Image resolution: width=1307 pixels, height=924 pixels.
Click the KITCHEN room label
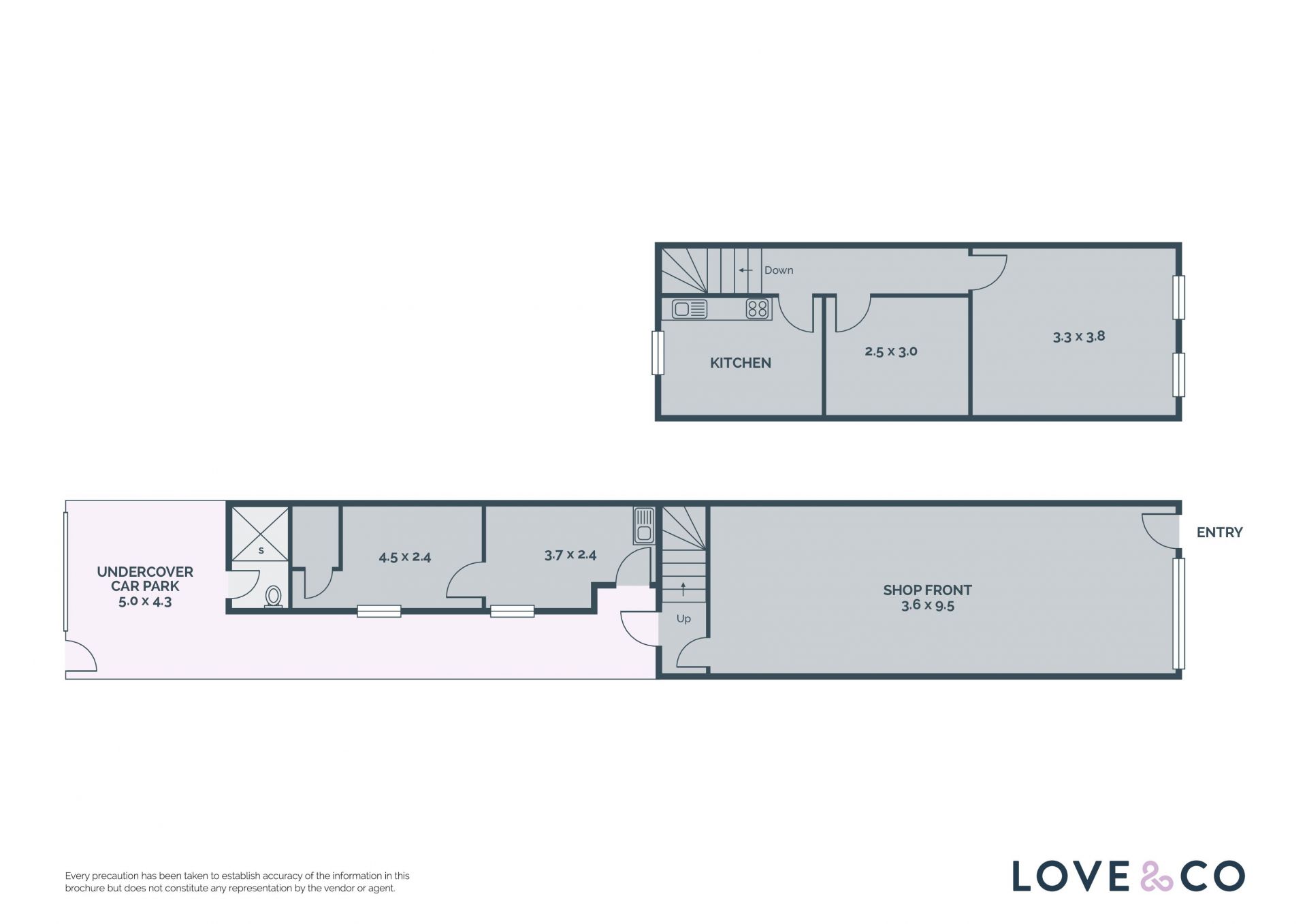[740, 363]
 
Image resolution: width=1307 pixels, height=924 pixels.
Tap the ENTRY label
[1219, 532]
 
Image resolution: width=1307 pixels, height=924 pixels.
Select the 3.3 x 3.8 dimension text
[1079, 336]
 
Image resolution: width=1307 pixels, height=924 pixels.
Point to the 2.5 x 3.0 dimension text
[891, 351]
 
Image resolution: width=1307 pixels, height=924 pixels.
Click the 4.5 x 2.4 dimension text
[405, 557]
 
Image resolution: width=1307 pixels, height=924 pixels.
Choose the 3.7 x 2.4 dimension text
[570, 555]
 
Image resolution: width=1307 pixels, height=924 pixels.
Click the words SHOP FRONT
[927, 590]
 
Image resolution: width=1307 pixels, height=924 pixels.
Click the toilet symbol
[274, 596]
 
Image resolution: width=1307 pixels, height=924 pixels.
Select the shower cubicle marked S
[261, 534]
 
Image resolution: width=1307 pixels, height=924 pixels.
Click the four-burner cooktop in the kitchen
[758, 309]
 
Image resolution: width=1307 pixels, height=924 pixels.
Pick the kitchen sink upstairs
[690, 309]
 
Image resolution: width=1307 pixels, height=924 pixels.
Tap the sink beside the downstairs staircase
[644, 526]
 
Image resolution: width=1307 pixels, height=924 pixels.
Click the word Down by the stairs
[779, 270]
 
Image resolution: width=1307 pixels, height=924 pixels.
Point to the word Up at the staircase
[683, 618]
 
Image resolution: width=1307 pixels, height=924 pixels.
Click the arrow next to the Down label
[745, 270]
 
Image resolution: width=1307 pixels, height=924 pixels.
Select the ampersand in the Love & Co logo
[1157, 876]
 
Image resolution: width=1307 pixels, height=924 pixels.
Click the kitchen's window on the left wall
[658, 353]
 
